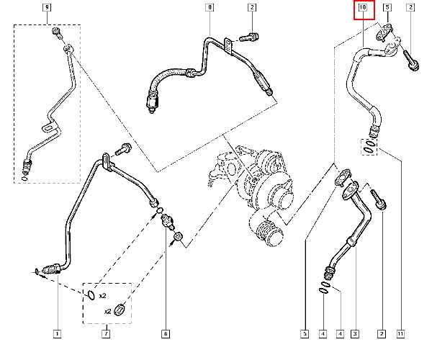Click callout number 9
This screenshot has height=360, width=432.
point(47,7)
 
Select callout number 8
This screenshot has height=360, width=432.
point(210,7)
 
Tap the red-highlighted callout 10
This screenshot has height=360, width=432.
point(364,10)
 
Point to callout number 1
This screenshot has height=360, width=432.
point(57,334)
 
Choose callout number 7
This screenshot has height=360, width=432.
point(106,334)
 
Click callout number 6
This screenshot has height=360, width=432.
point(166,334)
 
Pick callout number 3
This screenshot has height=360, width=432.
point(355,334)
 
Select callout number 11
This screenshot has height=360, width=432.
point(400,334)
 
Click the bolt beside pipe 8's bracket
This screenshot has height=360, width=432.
point(249,37)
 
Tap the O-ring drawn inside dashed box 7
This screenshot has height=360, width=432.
point(91,295)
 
